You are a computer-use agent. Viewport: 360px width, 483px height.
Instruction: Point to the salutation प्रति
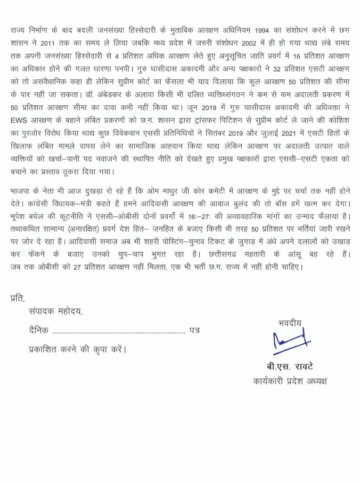pyautogui.click(x=17, y=298)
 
